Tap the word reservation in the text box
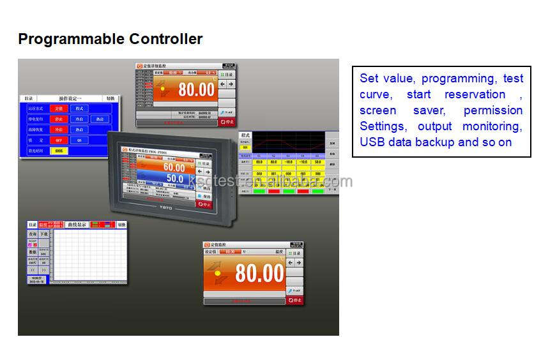click(475, 94)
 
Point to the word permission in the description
click(493, 110)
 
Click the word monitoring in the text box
click(492, 126)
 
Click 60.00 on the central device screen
click(174, 168)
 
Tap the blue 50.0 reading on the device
click(175, 179)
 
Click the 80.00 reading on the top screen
click(196, 89)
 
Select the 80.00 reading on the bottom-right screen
click(259, 273)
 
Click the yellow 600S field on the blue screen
click(59, 151)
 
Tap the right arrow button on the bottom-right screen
click(298, 262)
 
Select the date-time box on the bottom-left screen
click(38, 280)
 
